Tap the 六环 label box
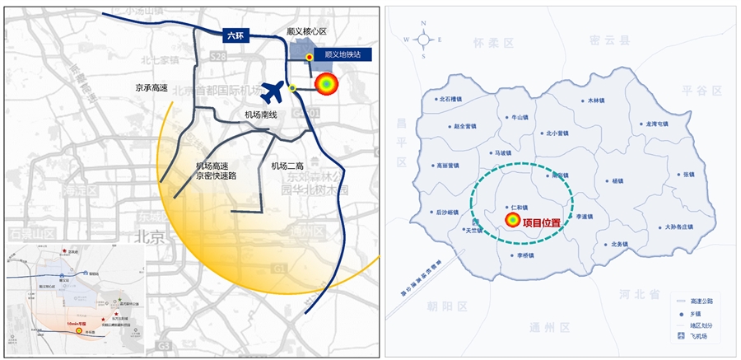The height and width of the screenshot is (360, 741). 236,36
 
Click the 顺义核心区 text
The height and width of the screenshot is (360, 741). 306,31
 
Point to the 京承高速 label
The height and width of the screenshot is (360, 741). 151,86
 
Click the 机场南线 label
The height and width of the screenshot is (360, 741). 261,115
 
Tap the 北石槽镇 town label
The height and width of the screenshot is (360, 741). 454,99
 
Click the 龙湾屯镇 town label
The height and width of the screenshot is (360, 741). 656,124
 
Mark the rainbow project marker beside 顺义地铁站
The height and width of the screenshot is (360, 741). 326,84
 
